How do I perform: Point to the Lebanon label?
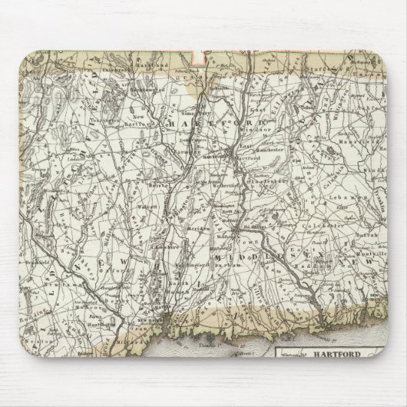click(330, 199)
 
